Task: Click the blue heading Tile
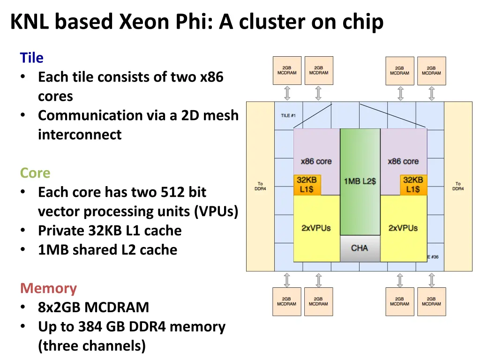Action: [x=31, y=58]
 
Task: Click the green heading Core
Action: [x=35, y=173]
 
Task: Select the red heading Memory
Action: [x=48, y=288]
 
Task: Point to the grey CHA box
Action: [x=360, y=248]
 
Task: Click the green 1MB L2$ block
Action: [x=360, y=181]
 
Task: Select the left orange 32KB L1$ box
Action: [x=307, y=185]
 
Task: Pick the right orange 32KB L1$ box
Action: [x=413, y=185]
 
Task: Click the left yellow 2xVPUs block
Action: [x=316, y=228]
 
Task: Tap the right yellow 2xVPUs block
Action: [x=403, y=228]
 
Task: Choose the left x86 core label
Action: [x=316, y=161]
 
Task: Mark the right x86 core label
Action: [x=403, y=161]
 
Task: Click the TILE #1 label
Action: [x=288, y=115]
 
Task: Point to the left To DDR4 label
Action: [x=260, y=186]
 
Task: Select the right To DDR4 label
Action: [x=458, y=186]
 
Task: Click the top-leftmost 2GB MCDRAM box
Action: [x=287, y=71]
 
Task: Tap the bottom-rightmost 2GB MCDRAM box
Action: [x=431, y=301]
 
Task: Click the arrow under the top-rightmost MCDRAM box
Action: [x=431, y=93]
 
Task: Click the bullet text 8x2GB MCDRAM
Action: [x=93, y=307]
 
